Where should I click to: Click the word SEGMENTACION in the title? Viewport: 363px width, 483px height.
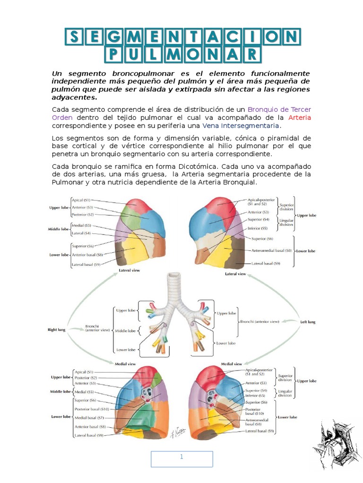182,37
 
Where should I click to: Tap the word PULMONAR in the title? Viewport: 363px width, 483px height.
182,54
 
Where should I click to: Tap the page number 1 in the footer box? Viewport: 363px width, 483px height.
181,457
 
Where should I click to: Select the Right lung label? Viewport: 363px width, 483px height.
56,330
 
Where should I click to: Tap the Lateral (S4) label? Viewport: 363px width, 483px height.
81,233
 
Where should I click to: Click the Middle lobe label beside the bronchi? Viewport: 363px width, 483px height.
125,331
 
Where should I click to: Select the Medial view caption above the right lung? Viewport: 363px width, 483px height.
126,364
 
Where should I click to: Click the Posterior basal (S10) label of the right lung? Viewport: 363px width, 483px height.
92,409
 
